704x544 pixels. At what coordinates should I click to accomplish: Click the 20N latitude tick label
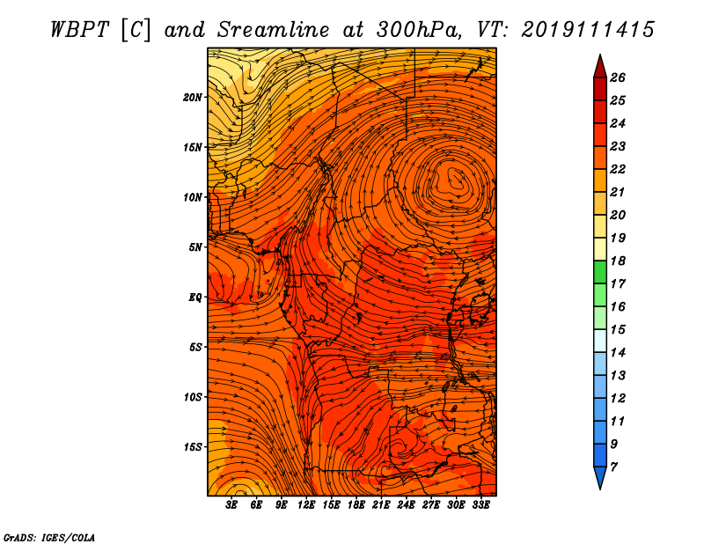(193, 98)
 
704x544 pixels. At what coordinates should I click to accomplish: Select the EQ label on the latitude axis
(195, 298)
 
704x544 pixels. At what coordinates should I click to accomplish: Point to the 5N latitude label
(195, 247)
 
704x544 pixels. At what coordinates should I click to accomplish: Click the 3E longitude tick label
(231, 504)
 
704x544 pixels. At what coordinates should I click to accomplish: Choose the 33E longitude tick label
(480, 504)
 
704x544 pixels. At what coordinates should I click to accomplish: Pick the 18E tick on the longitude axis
(356, 504)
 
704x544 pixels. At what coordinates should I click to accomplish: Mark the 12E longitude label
(305, 504)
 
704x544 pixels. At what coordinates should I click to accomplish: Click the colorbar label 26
(618, 77)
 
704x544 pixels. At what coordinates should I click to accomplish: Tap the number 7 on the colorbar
(613, 467)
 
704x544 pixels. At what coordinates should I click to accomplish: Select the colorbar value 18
(618, 261)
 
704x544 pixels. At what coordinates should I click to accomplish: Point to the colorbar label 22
(618, 169)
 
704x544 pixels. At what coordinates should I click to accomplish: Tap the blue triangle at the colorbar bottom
(600, 476)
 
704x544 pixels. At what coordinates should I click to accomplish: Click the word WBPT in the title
(80, 30)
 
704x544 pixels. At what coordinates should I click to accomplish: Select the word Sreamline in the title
(274, 30)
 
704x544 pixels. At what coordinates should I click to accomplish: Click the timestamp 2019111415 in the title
(588, 30)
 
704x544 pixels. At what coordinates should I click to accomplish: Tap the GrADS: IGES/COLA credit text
(49, 538)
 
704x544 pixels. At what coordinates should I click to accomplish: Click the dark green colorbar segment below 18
(600, 272)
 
